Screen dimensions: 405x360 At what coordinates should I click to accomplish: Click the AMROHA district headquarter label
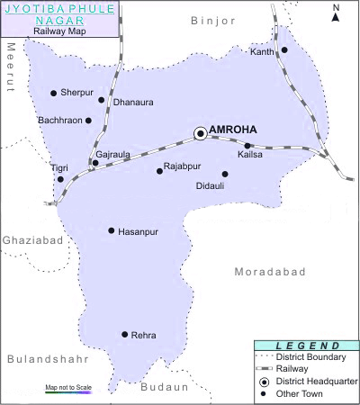pyautogui.click(x=232, y=130)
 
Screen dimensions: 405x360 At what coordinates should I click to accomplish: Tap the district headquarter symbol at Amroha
pyautogui.click(x=200, y=133)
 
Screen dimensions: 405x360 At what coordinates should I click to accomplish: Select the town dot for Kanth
pyautogui.click(x=284, y=50)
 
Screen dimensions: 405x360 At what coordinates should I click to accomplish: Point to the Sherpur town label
pyautogui.click(x=77, y=93)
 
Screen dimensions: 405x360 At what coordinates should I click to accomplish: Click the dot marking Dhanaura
pyautogui.click(x=102, y=100)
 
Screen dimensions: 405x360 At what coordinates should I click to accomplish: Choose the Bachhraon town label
pyautogui.click(x=60, y=120)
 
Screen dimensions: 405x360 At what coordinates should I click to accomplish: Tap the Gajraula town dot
pyautogui.click(x=95, y=163)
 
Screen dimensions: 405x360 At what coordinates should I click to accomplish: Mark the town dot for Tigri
pyautogui.click(x=60, y=179)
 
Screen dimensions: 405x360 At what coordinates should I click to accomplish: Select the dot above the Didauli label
pyautogui.click(x=225, y=174)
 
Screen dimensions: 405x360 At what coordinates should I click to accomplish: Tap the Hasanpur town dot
pyautogui.click(x=112, y=230)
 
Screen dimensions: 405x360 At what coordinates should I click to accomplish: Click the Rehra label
pyautogui.click(x=144, y=336)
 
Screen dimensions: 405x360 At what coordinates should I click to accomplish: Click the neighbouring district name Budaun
pyautogui.click(x=164, y=387)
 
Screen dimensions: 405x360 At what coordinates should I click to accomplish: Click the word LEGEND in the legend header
pyautogui.click(x=307, y=346)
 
